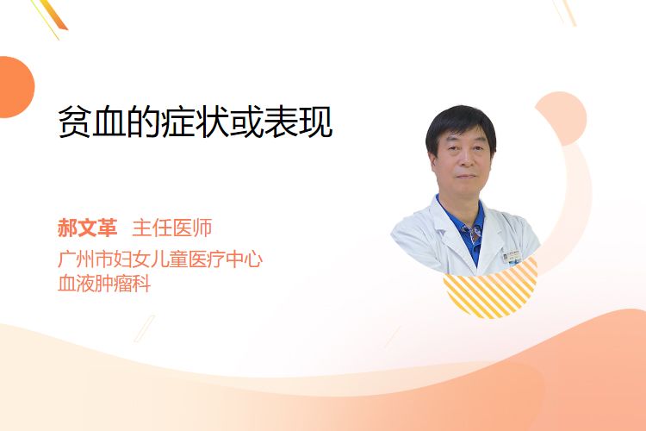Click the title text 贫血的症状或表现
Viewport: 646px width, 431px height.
coord(195,122)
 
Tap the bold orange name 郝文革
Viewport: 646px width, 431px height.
coord(87,228)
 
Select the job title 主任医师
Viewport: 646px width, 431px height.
coord(172,228)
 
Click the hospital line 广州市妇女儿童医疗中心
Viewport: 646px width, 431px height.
coord(160,259)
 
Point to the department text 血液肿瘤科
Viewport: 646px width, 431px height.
coord(104,284)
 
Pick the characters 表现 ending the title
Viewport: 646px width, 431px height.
coord(298,122)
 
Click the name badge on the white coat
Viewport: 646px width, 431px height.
coord(512,257)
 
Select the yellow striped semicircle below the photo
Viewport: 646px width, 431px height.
coord(491,289)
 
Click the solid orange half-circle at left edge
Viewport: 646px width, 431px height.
coord(16,87)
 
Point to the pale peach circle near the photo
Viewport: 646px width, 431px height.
coord(561,118)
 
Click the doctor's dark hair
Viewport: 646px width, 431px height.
coord(461,126)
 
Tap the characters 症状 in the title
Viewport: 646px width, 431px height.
coord(195,122)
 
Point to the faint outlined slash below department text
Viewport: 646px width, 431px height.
coord(145,328)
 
